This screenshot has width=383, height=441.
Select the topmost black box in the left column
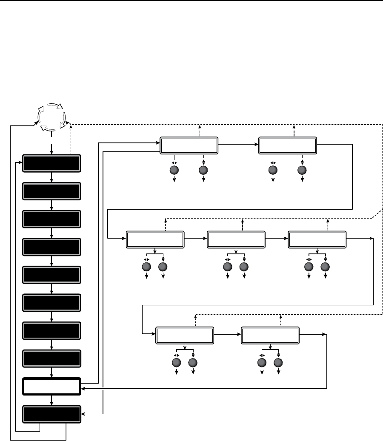point(51,164)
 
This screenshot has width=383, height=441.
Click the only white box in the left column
point(51,387)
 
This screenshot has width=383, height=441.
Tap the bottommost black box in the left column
point(51,414)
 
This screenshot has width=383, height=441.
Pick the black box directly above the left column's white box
point(51,358)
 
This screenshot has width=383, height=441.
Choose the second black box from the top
point(51,191)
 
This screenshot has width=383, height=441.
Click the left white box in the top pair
point(189,145)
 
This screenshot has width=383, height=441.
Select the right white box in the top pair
point(288,145)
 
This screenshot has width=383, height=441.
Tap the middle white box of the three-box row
point(236,239)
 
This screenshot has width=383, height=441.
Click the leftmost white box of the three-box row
point(155,239)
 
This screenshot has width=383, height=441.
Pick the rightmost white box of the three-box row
point(317,239)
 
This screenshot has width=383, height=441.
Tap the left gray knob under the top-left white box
point(174,170)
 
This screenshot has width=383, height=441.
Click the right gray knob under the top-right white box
point(302,170)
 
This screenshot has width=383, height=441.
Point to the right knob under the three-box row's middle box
point(244,267)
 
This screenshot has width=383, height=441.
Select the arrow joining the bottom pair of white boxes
point(227,335)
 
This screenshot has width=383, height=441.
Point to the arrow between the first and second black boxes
point(51,178)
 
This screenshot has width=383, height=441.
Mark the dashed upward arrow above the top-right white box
point(294,130)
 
